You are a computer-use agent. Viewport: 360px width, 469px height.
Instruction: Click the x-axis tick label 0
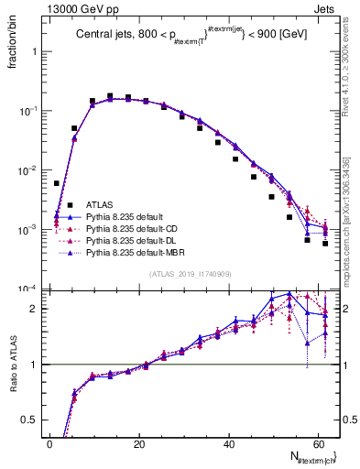point(49,444)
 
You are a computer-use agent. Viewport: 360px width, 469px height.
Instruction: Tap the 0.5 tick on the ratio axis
point(33,420)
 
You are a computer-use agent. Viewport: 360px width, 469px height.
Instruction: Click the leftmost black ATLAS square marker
point(57,183)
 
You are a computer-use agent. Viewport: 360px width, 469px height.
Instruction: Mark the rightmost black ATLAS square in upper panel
point(325,244)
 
